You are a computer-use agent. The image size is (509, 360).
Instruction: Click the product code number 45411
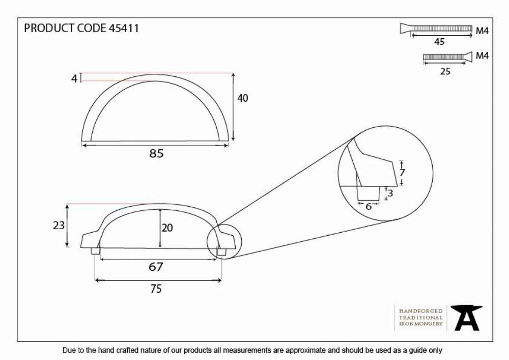124,28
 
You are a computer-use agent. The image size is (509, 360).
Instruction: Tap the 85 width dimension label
156,154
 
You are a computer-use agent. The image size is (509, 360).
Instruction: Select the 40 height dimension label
242,98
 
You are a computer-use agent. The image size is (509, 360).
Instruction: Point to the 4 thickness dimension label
74,78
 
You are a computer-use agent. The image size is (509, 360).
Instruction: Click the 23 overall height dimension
59,225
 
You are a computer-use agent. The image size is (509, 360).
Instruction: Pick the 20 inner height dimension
167,228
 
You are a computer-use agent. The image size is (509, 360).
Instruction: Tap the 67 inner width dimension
156,267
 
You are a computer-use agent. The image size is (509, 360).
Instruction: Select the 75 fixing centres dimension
156,289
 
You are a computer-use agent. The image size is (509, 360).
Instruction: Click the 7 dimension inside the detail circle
402,173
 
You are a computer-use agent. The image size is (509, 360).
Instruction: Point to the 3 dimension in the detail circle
390,193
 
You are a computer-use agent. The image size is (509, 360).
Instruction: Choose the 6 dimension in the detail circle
369,207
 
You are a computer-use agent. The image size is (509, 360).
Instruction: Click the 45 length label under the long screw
439,42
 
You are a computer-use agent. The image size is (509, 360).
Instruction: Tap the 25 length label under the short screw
445,71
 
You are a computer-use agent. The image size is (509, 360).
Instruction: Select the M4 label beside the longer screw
482,31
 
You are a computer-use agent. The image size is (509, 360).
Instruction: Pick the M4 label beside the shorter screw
482,56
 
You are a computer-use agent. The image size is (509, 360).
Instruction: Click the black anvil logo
466,318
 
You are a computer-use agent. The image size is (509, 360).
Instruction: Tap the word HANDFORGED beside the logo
421,311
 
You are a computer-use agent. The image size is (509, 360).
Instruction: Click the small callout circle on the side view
224,225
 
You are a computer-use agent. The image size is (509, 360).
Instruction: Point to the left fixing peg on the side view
96,251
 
